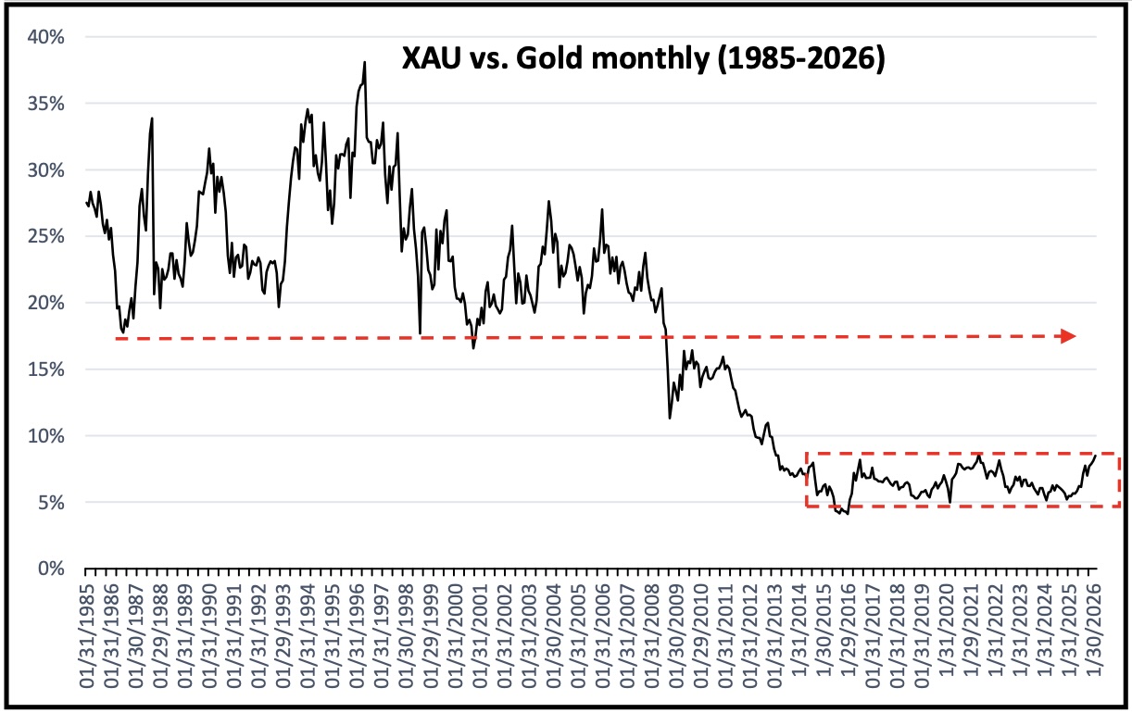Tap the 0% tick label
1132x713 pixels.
pyautogui.click(x=52, y=569)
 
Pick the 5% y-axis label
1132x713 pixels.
pyautogui.click(x=52, y=503)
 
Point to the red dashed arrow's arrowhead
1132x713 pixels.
pyautogui.click(x=1068, y=336)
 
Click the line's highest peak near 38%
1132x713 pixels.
pyautogui.click(x=365, y=63)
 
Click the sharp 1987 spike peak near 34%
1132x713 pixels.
pyautogui.click(x=152, y=119)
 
